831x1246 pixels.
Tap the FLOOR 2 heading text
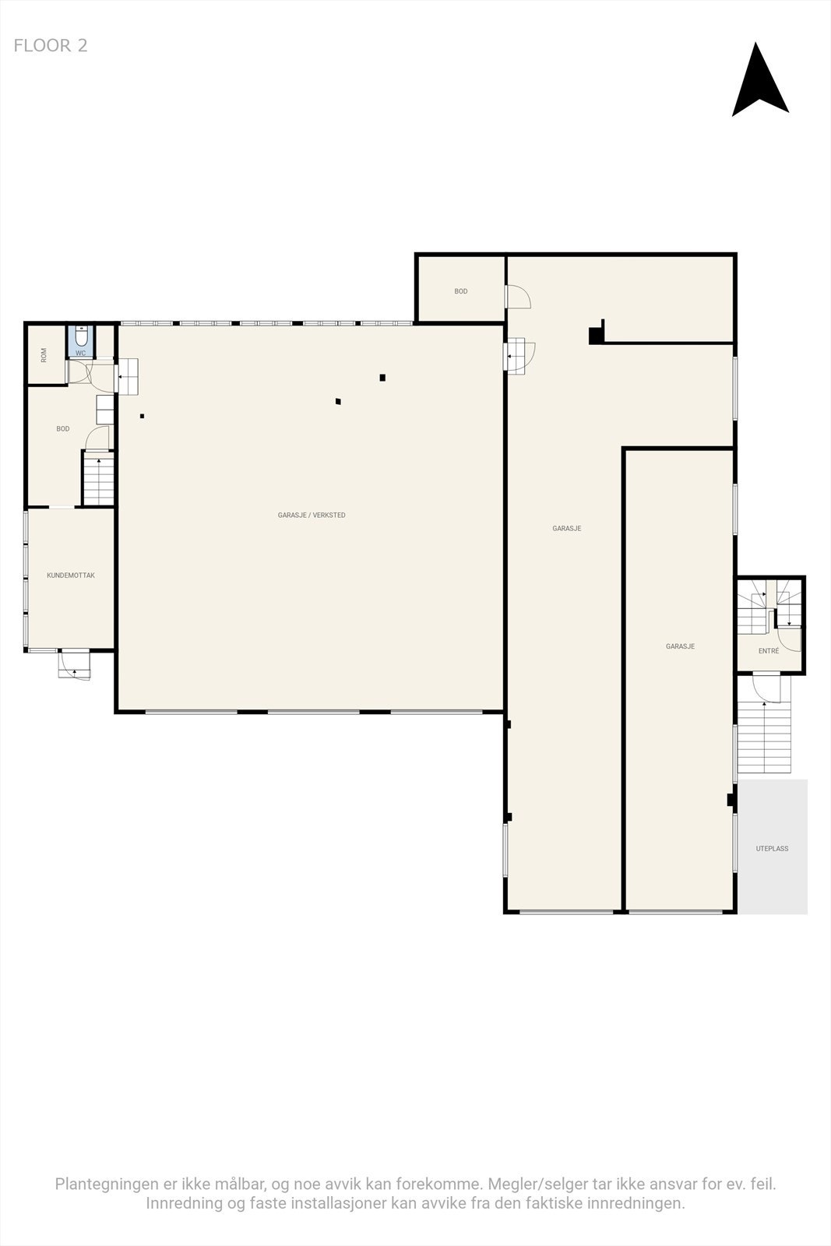coord(51,46)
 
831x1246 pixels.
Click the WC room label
coord(80,353)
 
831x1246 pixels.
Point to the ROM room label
coord(44,355)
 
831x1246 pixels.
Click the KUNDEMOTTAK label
coord(71,575)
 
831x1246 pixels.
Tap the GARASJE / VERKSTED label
coord(312,516)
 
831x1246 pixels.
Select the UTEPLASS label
coord(772,849)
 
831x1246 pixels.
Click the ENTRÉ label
coord(768,651)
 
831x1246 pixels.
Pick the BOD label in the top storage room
coord(461,291)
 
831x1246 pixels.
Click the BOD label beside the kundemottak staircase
coord(63,429)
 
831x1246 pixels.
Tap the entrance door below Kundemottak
coord(75,665)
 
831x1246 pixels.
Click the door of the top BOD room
coord(518,297)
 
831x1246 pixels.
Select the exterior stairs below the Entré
coord(764,736)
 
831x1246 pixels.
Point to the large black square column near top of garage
coord(596,335)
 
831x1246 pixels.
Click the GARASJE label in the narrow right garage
coord(680,646)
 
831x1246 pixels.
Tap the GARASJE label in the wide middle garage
coord(566,529)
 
